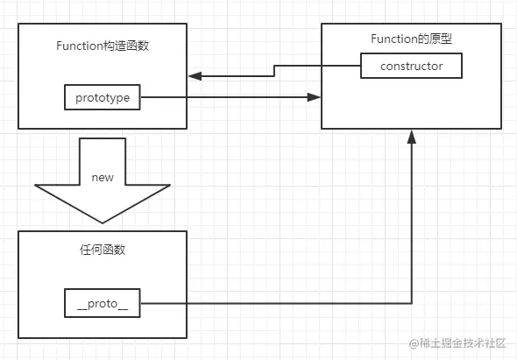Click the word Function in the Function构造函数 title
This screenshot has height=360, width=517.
pyautogui.click(x=81, y=46)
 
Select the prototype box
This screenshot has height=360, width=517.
pyautogui.click(x=103, y=97)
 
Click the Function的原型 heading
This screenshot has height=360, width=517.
pyautogui.click(x=412, y=39)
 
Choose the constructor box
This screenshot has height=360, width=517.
pyautogui.click(x=411, y=66)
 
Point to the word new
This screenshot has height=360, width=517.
pyautogui.click(x=103, y=177)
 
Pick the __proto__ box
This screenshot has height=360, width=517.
pyautogui.click(x=103, y=303)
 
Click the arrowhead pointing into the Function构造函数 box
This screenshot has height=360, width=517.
pyautogui.click(x=195, y=76)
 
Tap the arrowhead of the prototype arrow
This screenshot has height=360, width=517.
pyautogui.click(x=315, y=97)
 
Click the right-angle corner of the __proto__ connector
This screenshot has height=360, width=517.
pyautogui.click(x=412, y=304)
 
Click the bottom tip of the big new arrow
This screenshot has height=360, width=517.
pyautogui.click(x=103, y=222)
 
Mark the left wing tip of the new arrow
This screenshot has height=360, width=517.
pyautogui.click(x=36, y=186)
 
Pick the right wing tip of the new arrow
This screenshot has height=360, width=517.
pyautogui.click(x=170, y=186)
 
